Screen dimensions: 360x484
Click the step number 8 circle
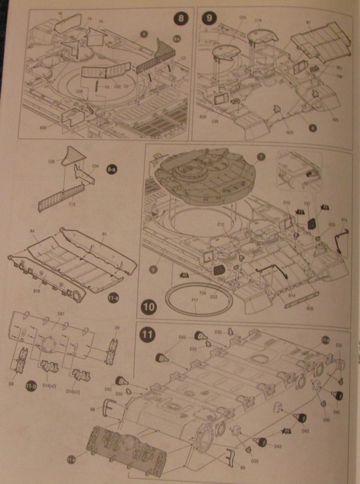(181, 19)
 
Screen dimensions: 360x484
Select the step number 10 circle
(149, 307)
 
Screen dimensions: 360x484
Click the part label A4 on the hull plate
(32, 231)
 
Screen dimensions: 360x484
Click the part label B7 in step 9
(308, 23)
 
